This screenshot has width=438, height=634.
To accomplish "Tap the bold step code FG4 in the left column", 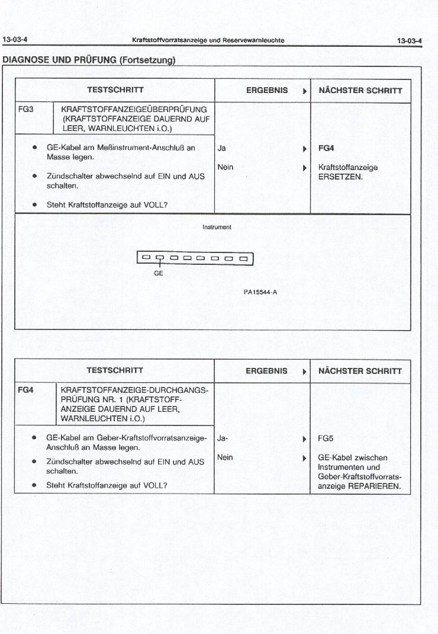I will [26, 390].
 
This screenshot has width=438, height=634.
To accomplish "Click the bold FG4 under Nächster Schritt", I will [326, 148].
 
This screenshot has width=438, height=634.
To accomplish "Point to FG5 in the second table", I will [326, 439].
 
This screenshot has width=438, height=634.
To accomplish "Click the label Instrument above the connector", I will [217, 227].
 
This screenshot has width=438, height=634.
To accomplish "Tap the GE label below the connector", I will [158, 274].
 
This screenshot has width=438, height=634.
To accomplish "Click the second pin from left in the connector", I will [159, 258].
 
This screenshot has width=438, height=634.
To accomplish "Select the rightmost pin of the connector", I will [243, 258].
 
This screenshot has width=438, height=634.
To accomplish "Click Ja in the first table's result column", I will [221, 148].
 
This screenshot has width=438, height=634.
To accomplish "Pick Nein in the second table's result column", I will [225, 457].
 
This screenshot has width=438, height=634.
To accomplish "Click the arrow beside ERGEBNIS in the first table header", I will [304, 91].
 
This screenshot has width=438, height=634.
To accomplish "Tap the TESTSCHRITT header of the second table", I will [115, 371].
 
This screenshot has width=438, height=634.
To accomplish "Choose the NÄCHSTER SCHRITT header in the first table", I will [360, 91].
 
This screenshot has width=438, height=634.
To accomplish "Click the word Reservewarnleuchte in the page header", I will [252, 40].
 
